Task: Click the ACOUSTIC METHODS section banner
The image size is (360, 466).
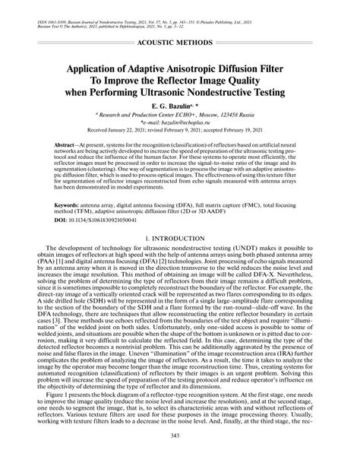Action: pyautogui.click(x=179, y=36)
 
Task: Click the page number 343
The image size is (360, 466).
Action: pyautogui.click(x=180, y=457)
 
